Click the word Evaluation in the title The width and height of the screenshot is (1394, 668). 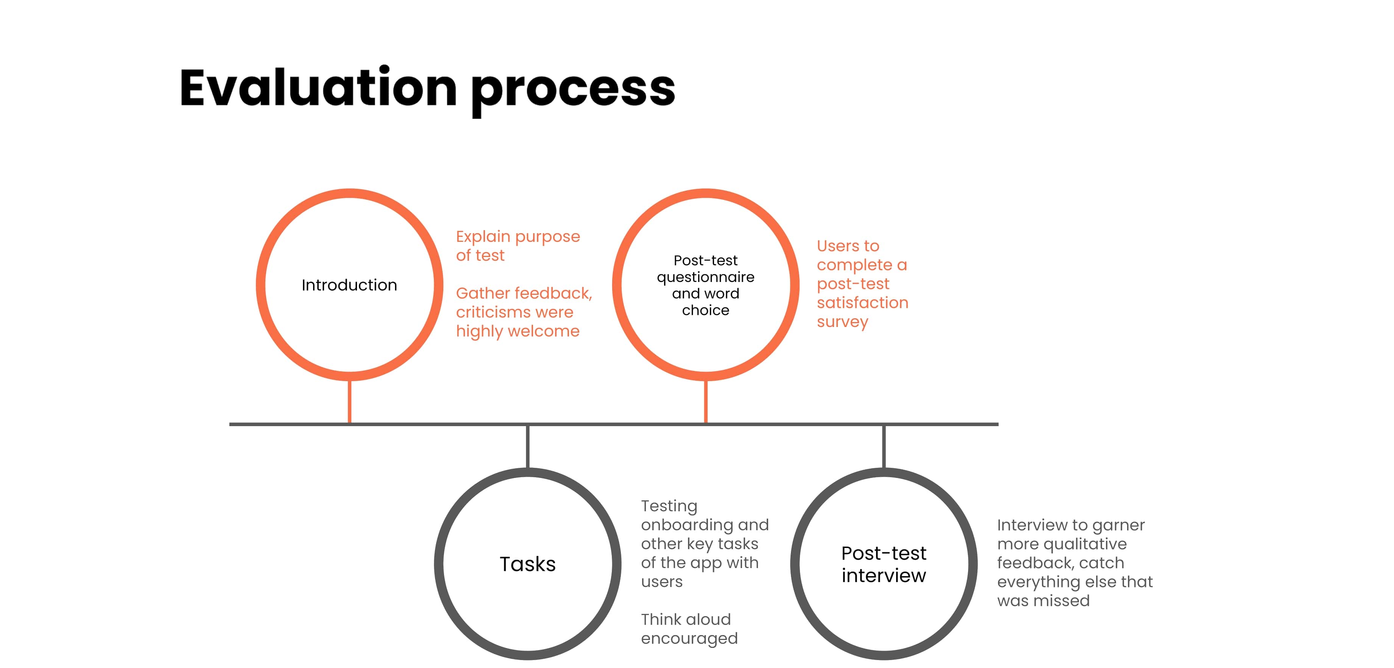tap(318, 88)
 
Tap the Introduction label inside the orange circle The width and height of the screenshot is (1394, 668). tap(349, 285)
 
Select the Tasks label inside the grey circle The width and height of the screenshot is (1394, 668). tap(528, 564)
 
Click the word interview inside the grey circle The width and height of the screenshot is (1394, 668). tap(884, 576)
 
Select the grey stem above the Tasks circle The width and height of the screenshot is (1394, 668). tap(528, 447)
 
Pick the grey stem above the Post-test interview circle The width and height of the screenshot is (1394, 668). tap(884, 447)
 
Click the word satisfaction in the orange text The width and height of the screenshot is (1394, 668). tap(862, 302)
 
